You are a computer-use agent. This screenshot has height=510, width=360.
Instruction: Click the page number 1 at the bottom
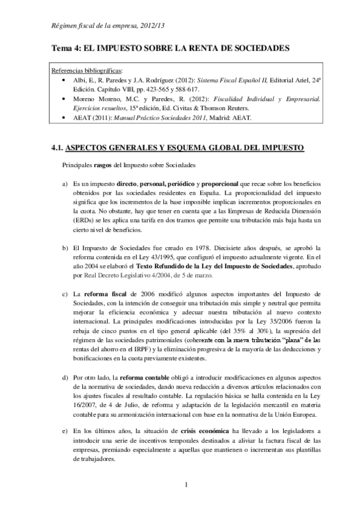[187, 485]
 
